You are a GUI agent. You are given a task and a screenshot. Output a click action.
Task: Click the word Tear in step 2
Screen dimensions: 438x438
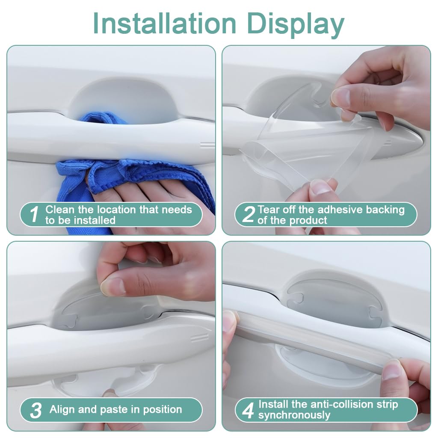click(268, 210)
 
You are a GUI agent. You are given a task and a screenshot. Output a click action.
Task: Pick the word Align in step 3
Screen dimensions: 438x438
click(62, 409)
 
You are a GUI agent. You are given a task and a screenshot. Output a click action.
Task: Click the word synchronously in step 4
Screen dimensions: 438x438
click(294, 415)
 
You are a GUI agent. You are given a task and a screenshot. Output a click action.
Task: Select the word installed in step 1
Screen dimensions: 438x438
click(94, 220)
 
